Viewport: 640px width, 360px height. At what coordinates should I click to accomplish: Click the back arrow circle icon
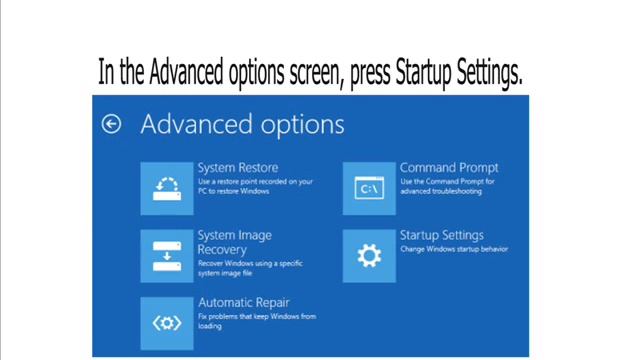point(112,124)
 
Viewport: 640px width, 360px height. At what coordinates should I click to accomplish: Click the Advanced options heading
point(242,124)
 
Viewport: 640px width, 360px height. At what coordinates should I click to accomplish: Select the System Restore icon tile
point(166,187)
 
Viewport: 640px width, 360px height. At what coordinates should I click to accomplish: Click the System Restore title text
point(238,168)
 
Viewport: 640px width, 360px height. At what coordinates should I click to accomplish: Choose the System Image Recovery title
point(235,242)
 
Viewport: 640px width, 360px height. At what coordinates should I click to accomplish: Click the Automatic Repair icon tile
point(166,321)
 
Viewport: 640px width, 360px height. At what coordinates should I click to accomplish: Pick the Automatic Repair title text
point(245,302)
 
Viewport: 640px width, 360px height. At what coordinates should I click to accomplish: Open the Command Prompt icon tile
point(368,187)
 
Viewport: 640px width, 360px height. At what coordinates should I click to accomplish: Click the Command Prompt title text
point(449,168)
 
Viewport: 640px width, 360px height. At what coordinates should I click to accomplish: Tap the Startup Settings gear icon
point(368,255)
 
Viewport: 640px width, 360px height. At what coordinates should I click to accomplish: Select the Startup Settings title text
point(441,236)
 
